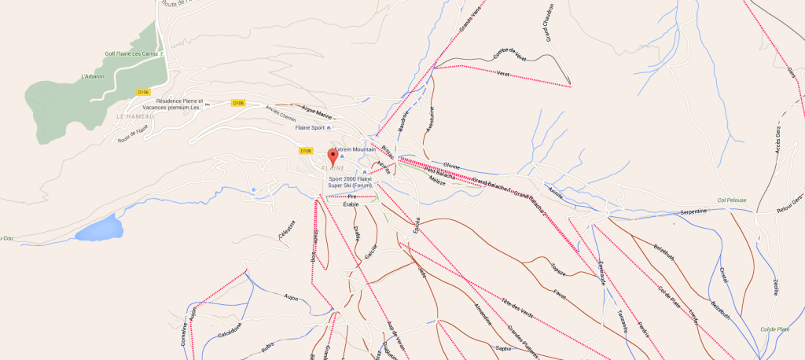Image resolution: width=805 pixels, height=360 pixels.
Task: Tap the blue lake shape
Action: [x=100, y=229]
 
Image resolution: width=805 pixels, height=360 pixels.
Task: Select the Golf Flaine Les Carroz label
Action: [x=132, y=54]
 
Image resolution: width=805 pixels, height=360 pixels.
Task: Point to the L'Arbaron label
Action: [x=93, y=76]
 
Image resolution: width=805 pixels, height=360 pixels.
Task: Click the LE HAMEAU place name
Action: [x=131, y=116]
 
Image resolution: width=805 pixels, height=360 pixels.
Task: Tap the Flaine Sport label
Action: [x=310, y=127]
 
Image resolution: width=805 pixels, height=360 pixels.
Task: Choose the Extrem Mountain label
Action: [x=355, y=149]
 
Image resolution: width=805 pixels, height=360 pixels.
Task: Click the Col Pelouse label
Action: [x=731, y=200]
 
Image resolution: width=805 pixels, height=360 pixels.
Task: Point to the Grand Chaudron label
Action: [x=545, y=24]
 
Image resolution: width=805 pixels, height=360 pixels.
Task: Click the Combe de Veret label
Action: [x=509, y=54]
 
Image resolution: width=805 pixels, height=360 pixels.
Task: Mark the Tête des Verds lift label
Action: [x=516, y=307]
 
